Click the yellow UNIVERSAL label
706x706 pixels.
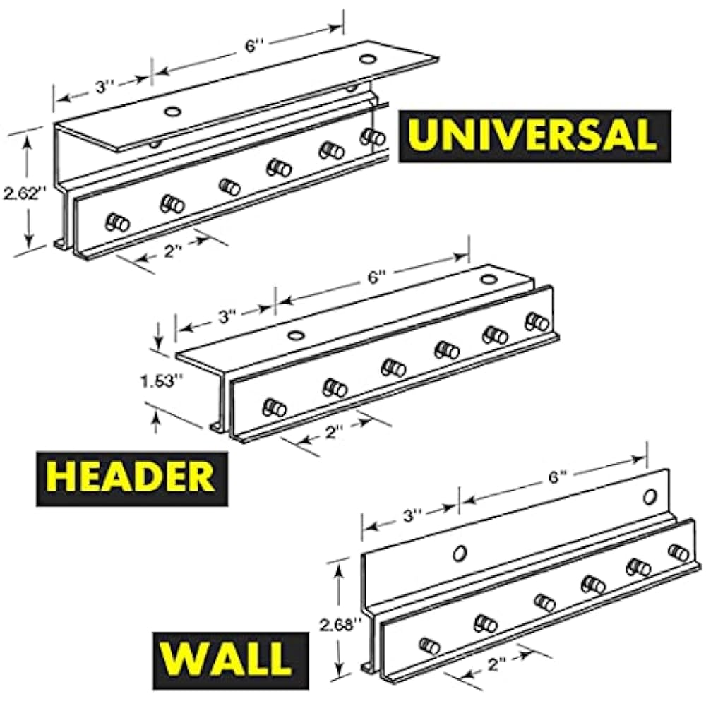pos(534,136)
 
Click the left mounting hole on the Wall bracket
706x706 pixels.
pos(460,551)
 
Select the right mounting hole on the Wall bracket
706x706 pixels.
pos(650,496)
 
